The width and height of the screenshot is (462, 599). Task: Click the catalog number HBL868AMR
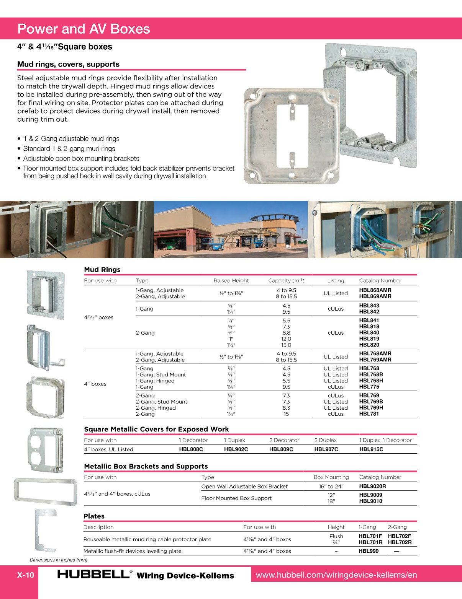[375, 290]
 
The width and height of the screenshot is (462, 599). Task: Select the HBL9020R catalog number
[372, 486]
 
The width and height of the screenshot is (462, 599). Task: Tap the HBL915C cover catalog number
[371, 449]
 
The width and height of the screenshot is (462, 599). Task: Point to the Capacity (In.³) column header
[286, 280]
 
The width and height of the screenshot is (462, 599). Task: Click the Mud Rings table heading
[102, 270]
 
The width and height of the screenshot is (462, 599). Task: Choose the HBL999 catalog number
[369, 551]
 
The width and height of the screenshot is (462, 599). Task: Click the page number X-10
[26, 575]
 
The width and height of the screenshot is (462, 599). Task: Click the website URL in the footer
[336, 575]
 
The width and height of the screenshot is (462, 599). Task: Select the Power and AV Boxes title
[84, 29]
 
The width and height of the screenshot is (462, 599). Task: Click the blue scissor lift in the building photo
[215, 245]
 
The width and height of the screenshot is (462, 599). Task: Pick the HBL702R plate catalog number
[400, 542]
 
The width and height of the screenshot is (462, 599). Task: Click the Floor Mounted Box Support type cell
[236, 498]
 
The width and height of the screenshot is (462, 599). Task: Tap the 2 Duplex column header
[325, 440]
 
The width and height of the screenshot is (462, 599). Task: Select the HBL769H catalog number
[371, 408]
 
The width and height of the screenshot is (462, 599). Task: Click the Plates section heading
[94, 516]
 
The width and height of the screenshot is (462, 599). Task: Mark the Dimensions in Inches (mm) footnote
[59, 560]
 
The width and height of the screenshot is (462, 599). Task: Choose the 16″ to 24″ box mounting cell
[331, 487]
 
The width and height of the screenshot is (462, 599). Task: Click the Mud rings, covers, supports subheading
[68, 64]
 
